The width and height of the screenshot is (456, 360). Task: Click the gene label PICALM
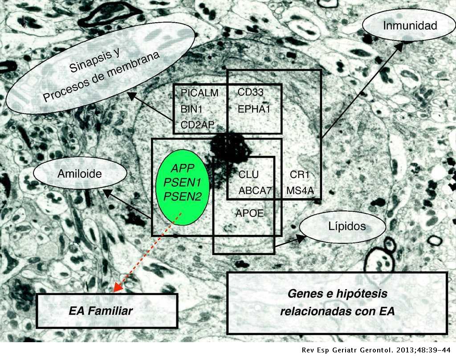click(x=199, y=93)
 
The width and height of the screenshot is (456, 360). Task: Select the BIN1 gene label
click(x=191, y=109)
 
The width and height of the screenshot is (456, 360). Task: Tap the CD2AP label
click(x=197, y=125)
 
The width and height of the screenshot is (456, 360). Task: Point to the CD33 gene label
click(x=250, y=92)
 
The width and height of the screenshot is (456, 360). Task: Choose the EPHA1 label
click(x=254, y=109)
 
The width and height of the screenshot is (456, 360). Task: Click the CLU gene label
click(x=248, y=174)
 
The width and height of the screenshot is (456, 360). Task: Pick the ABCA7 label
click(x=255, y=191)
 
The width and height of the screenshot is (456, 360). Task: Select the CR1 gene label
click(x=300, y=174)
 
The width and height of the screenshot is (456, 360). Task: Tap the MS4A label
click(x=300, y=191)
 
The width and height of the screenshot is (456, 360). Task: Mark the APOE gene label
click(x=249, y=213)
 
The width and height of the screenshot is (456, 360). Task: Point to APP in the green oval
click(x=182, y=168)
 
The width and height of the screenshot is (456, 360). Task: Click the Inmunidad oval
click(x=409, y=25)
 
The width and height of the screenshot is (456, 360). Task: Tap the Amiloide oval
click(x=80, y=173)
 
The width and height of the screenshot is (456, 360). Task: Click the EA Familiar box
click(x=107, y=311)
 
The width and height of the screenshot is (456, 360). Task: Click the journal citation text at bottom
click(x=376, y=350)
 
